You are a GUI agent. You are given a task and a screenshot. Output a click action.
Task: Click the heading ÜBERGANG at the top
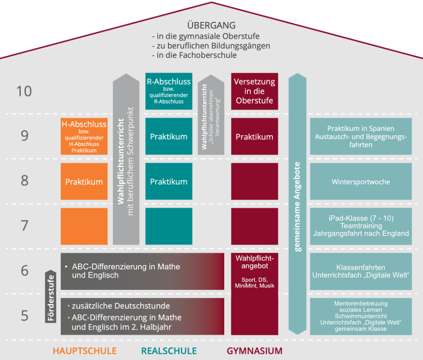click(211, 25)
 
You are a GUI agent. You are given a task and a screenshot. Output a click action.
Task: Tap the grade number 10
click(24, 91)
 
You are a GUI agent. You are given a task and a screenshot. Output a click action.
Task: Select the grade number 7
click(25, 225)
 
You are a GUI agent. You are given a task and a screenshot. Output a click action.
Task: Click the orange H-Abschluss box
click(84, 136)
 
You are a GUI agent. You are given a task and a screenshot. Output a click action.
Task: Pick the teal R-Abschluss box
click(168, 91)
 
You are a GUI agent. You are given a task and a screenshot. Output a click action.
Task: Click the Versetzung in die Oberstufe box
click(254, 91)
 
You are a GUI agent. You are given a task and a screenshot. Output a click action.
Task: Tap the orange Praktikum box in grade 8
click(84, 182)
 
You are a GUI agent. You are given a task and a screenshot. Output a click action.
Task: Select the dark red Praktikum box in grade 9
click(254, 137)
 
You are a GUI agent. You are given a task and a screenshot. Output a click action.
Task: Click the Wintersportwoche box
click(361, 182)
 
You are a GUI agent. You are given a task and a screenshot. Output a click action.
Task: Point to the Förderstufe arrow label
click(50, 296)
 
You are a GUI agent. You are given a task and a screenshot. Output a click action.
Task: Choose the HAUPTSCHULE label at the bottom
click(85, 351)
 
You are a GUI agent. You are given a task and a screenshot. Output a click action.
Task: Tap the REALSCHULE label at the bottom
click(169, 351)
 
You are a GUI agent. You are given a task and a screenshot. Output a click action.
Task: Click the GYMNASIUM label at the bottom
click(254, 351)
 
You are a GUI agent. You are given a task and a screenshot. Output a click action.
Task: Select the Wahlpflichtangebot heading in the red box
click(255, 262)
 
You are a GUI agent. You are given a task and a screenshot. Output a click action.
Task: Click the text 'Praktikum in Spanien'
click(361, 129)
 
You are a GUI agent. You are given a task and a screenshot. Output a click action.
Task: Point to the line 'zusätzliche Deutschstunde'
click(121, 306)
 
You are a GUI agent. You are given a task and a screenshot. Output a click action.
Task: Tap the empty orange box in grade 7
click(84, 226)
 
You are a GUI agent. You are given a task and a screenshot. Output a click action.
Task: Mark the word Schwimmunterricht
click(361, 316)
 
